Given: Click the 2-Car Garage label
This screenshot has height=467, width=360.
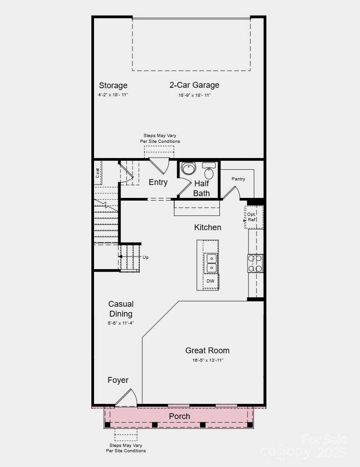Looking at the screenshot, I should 194,85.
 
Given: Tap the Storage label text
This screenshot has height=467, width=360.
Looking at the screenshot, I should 113,86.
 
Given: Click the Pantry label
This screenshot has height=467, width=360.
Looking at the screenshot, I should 238,179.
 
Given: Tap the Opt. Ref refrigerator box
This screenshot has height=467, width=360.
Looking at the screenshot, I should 253,217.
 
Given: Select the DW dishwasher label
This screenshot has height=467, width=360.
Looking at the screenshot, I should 210,282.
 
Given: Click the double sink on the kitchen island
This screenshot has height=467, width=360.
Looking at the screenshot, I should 210,263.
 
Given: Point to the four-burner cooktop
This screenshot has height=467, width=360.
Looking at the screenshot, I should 256,263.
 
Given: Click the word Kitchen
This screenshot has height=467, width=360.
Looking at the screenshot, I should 207,227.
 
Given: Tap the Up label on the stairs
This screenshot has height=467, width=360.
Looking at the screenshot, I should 145,257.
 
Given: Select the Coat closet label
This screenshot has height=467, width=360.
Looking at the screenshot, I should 98,173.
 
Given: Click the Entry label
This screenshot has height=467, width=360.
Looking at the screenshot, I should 158,182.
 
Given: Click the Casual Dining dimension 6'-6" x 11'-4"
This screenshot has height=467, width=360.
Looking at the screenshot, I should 120,323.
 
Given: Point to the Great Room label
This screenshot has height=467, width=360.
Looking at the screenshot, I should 207,351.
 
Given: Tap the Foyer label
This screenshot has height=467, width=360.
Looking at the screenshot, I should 118,380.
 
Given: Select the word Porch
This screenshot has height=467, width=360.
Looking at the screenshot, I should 179,416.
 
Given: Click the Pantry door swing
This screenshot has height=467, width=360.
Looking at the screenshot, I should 232,193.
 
